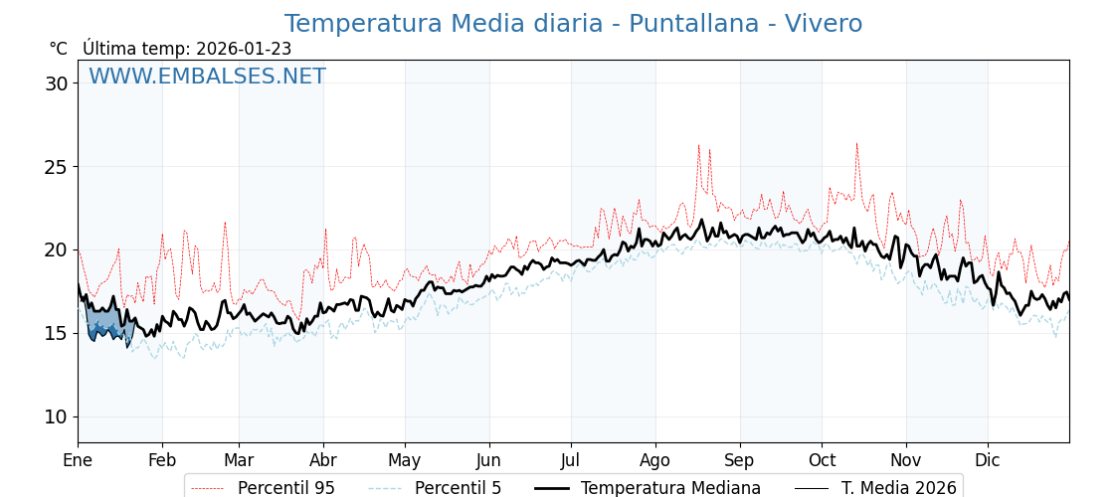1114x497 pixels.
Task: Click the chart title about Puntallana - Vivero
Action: [x=573, y=24]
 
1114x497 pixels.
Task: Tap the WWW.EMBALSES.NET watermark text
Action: [x=207, y=77]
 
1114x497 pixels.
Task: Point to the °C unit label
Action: [x=58, y=49]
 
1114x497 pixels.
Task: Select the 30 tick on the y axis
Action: [x=56, y=83]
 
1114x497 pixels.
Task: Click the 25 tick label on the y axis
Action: [x=56, y=167]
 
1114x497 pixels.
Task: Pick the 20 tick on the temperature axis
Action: [x=56, y=249]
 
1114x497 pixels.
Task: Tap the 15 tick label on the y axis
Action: [x=56, y=333]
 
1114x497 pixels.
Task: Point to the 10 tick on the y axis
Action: [x=56, y=416]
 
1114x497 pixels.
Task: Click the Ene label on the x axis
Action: [x=78, y=461]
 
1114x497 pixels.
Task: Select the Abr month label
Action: [x=323, y=461]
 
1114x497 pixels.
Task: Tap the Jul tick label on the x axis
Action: [x=571, y=461]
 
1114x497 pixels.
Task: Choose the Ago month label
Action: [x=655, y=461]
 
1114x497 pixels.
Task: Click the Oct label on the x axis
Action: [x=822, y=461]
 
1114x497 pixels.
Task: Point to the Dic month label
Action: [x=988, y=461]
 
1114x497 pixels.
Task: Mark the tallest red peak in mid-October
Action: [x=856, y=144]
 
